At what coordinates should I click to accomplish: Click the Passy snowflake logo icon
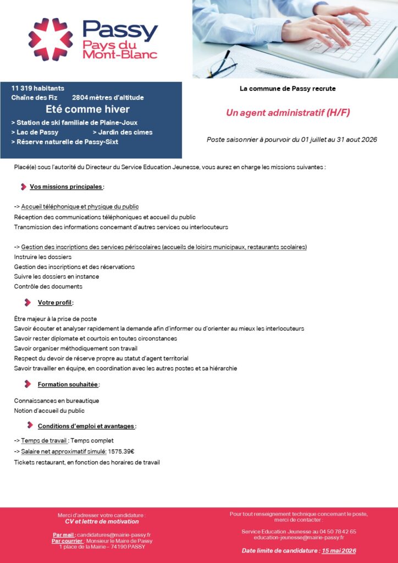pyautogui.click(x=51, y=39)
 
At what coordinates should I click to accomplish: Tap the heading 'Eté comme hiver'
pyautogui.click(x=87, y=109)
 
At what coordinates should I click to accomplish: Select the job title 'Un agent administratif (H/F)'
pyautogui.click(x=288, y=113)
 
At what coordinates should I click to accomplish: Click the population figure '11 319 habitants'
pyautogui.click(x=38, y=88)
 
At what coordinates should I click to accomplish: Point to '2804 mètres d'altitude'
pyautogui.click(x=108, y=97)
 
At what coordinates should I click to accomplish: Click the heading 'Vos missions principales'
pyautogui.click(x=66, y=186)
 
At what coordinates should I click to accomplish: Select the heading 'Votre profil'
pyautogui.click(x=55, y=302)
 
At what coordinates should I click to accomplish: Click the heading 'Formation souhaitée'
pyautogui.click(x=68, y=384)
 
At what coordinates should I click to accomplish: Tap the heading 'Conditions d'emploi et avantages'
pyautogui.click(x=86, y=426)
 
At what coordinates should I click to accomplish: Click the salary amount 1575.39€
pyautogui.click(x=121, y=451)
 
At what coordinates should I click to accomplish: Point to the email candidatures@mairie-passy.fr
pyautogui.click(x=114, y=534)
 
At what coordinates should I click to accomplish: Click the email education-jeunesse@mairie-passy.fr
pyautogui.click(x=298, y=538)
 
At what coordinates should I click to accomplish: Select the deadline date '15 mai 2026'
pyautogui.click(x=339, y=550)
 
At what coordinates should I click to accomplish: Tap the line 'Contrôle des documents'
pyautogui.click(x=48, y=286)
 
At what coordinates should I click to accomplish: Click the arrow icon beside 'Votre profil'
pyautogui.click(x=27, y=302)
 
